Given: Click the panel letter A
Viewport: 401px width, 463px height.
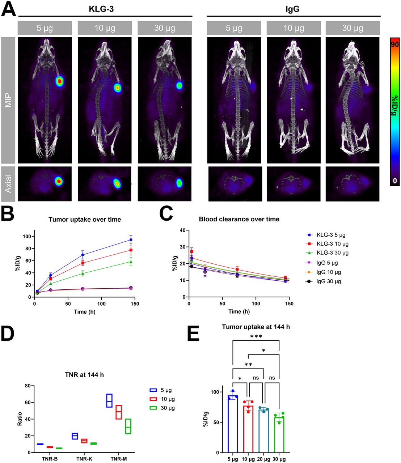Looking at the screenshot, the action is click(x=9, y=9).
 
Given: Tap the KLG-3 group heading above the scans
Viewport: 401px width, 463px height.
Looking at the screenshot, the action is click(x=101, y=9).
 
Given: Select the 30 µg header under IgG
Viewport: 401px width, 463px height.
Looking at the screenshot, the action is click(x=353, y=28).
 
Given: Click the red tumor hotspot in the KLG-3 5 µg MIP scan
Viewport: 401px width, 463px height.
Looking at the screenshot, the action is click(x=59, y=81).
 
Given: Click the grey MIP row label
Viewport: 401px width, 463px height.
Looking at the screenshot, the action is click(x=8, y=100).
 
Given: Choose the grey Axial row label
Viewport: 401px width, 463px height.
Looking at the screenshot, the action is click(x=8, y=184).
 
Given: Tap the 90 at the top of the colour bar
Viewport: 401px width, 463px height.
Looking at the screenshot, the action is click(x=395, y=44).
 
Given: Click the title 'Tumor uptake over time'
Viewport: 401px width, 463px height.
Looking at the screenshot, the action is click(x=85, y=219).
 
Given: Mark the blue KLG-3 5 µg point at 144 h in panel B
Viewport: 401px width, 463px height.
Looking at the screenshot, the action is click(x=131, y=240).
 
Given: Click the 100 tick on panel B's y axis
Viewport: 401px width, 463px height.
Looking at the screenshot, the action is click(x=27, y=237).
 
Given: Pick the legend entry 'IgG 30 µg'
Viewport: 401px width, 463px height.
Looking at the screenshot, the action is click(x=329, y=281).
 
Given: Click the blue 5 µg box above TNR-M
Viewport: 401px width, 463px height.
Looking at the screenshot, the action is click(x=109, y=400).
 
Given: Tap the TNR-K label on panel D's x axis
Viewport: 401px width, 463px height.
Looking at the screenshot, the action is click(x=84, y=459).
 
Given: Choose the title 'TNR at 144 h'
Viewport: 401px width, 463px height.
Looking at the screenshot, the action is click(x=84, y=375).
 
